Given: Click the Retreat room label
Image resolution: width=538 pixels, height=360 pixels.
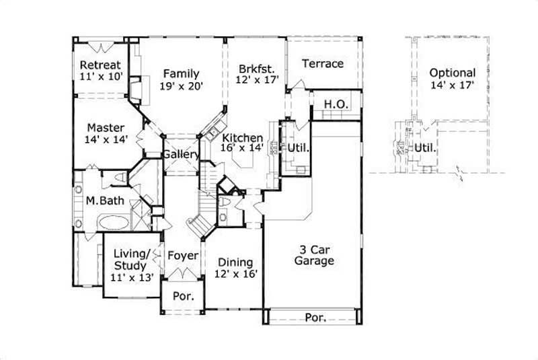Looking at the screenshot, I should pos(100,65).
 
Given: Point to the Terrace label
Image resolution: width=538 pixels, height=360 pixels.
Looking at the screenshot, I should pos(322,64).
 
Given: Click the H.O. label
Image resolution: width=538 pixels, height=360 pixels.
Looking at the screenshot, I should pos(335,104).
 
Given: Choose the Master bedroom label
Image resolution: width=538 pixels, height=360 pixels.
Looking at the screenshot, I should pos(105,127).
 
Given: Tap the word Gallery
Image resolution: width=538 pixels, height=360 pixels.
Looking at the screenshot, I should pos(181,155).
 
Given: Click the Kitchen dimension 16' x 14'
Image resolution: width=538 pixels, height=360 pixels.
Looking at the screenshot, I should pos(246,149).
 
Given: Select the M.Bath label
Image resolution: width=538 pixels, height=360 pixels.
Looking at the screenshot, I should pos(102,201).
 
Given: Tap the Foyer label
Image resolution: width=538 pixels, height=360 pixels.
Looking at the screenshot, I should pos(182,256).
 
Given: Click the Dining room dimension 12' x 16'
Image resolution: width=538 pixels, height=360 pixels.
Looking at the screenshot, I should pos(235,273).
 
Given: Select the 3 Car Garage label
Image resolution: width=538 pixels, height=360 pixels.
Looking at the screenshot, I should pos(314,254).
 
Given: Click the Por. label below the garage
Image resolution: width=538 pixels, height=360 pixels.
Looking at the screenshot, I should pos(315,317).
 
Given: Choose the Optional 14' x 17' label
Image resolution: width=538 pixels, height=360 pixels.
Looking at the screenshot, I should pos(453,79).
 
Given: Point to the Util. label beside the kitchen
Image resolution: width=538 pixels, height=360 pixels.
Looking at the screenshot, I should pos(298,147).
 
